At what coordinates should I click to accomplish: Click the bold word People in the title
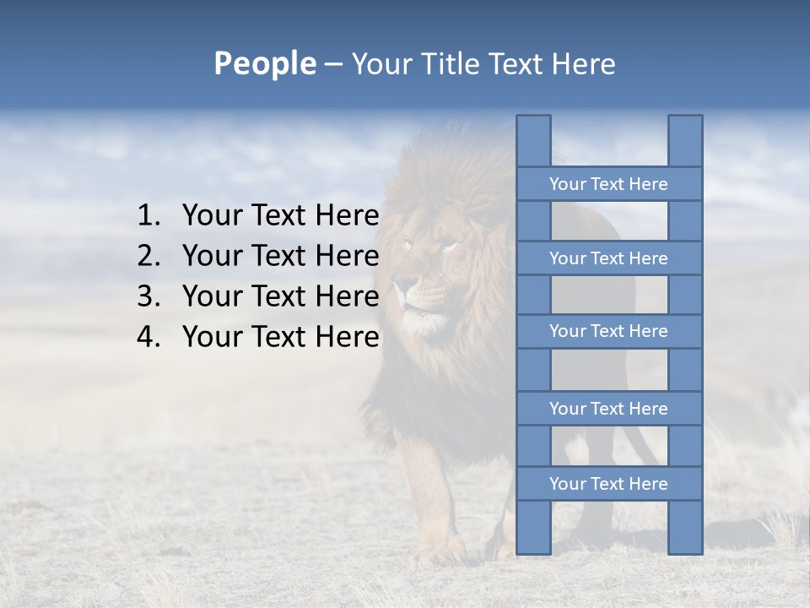[x=264, y=64]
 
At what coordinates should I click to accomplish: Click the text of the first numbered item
[x=280, y=216]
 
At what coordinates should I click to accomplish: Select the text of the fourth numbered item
[x=280, y=337]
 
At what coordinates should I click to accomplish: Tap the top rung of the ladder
[x=608, y=184]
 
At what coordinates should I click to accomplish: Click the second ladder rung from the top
[x=608, y=258]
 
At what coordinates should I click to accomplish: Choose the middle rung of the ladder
[x=608, y=331]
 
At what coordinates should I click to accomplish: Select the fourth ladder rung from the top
[x=608, y=409]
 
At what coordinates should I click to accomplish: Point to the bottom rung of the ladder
[x=608, y=484]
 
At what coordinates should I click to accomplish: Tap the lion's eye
[x=448, y=246]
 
